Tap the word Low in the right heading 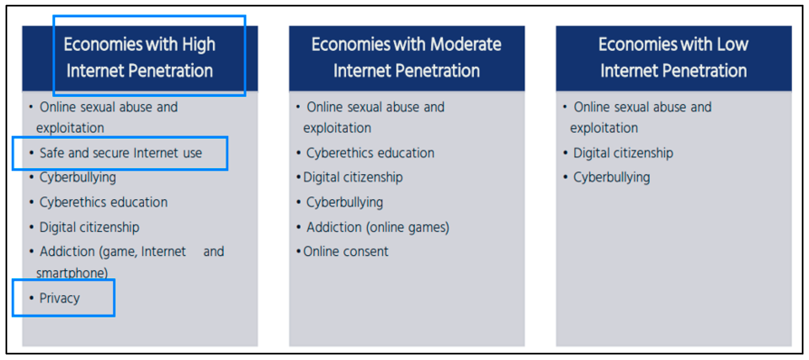tap(732, 44)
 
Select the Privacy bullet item tap(59, 298)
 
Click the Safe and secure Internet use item tap(121, 153)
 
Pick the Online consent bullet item tap(346, 251)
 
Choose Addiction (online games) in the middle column tap(378, 227)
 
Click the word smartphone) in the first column tap(72, 273)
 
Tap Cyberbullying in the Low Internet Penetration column tap(611, 178)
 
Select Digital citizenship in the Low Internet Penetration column tap(623, 153)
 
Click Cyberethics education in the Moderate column tap(370, 153)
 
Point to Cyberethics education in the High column tap(103, 202)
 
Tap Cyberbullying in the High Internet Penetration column tap(78, 178)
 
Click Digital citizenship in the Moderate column tap(353, 178)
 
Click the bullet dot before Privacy tap(31, 298)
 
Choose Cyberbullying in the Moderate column tap(345, 202)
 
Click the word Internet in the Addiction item tap(163, 252)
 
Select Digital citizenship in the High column tap(89, 227)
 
